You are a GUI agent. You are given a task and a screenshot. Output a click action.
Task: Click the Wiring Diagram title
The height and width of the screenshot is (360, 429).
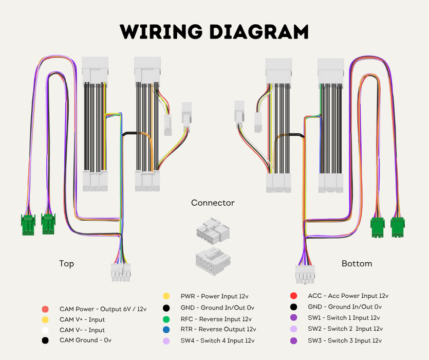point(214,31)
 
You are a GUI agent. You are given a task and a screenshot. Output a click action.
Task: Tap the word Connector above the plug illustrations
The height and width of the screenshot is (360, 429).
point(213,203)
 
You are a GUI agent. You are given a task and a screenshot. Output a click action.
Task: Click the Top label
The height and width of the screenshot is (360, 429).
point(66,264)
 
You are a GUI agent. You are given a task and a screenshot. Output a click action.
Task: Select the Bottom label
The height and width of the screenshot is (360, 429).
point(357,264)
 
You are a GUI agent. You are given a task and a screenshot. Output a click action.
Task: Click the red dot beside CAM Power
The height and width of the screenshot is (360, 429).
point(45,309)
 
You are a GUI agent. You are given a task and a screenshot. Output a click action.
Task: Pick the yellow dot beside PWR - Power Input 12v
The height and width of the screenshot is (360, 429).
point(166,296)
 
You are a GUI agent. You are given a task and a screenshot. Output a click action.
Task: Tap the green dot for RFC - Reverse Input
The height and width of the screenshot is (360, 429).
point(166,319)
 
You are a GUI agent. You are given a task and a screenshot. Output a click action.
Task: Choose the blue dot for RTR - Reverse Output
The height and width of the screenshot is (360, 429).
point(166,330)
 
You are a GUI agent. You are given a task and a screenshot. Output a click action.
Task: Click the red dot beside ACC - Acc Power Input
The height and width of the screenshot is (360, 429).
point(293,296)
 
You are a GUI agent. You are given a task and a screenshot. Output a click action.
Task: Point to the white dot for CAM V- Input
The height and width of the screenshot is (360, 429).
point(45,330)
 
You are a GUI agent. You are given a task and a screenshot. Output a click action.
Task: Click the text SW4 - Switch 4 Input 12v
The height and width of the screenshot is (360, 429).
point(217,340)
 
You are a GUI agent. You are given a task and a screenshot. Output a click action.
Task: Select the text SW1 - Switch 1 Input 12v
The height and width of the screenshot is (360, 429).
point(344,318)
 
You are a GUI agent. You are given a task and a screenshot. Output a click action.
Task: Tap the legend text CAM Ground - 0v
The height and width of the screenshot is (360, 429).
point(85,340)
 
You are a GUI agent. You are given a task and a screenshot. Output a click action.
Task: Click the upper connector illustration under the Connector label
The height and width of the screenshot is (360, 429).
point(212,229)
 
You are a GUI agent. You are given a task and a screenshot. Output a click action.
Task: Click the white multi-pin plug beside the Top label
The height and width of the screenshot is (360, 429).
point(121,272)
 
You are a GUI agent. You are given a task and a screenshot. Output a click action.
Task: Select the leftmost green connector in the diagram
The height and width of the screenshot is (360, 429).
point(28,225)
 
